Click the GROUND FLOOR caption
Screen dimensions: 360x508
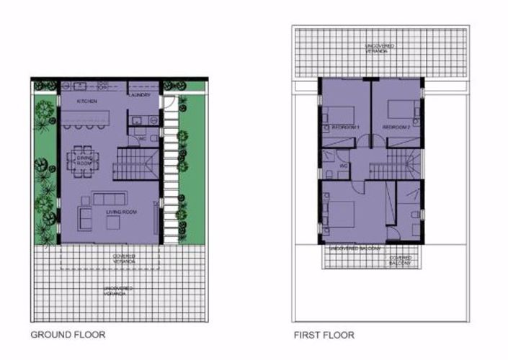68,335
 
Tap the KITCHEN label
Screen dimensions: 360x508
87,102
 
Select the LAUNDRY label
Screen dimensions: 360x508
139,94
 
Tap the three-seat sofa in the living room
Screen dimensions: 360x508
111,199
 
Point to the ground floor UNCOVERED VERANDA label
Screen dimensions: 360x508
117,290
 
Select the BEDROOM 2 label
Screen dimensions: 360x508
396,127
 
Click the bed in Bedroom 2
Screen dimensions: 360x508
401,109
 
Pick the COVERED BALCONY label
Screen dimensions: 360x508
400,261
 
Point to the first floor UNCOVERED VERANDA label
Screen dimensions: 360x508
379,48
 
